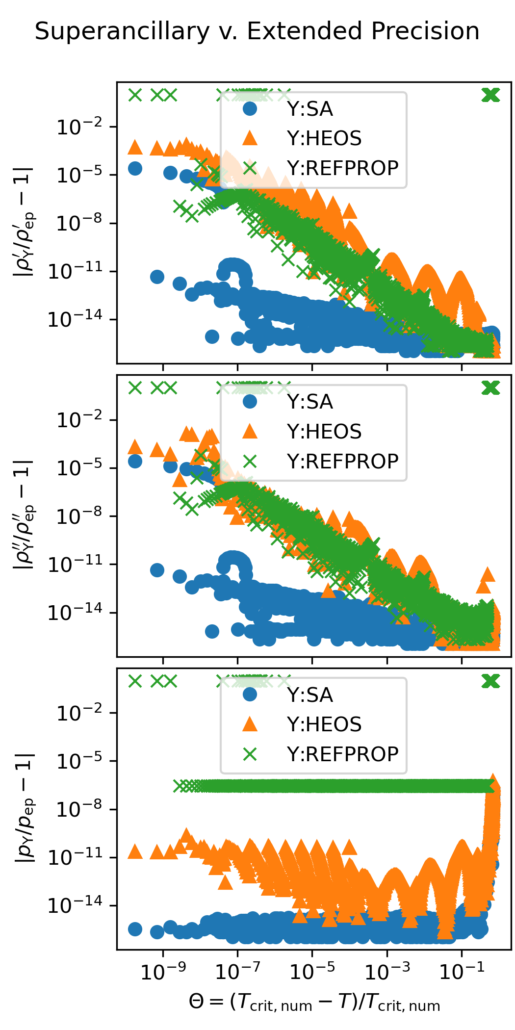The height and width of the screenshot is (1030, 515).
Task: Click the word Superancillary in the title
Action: (x=122, y=32)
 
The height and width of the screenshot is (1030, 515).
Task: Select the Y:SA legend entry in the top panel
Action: (x=309, y=109)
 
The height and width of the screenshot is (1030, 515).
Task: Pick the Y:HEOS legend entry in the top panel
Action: (x=324, y=139)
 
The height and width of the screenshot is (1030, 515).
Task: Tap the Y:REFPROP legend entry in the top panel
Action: (x=342, y=168)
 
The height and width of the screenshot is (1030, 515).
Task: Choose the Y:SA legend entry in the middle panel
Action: (x=309, y=402)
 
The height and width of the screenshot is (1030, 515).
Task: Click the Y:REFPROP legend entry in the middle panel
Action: (x=342, y=462)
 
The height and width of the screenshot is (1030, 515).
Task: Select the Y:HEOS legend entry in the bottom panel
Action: (x=324, y=724)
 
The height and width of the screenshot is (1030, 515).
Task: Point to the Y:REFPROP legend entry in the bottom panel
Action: (x=342, y=754)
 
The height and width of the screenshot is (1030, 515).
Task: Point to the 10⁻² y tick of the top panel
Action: (x=80, y=128)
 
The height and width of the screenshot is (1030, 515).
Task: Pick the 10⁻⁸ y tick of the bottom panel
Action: (x=80, y=809)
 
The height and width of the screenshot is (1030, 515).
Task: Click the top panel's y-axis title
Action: (x=24, y=222)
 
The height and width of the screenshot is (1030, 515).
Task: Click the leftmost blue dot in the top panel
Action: (x=135, y=168)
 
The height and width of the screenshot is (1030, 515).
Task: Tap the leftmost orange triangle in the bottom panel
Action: (x=135, y=851)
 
